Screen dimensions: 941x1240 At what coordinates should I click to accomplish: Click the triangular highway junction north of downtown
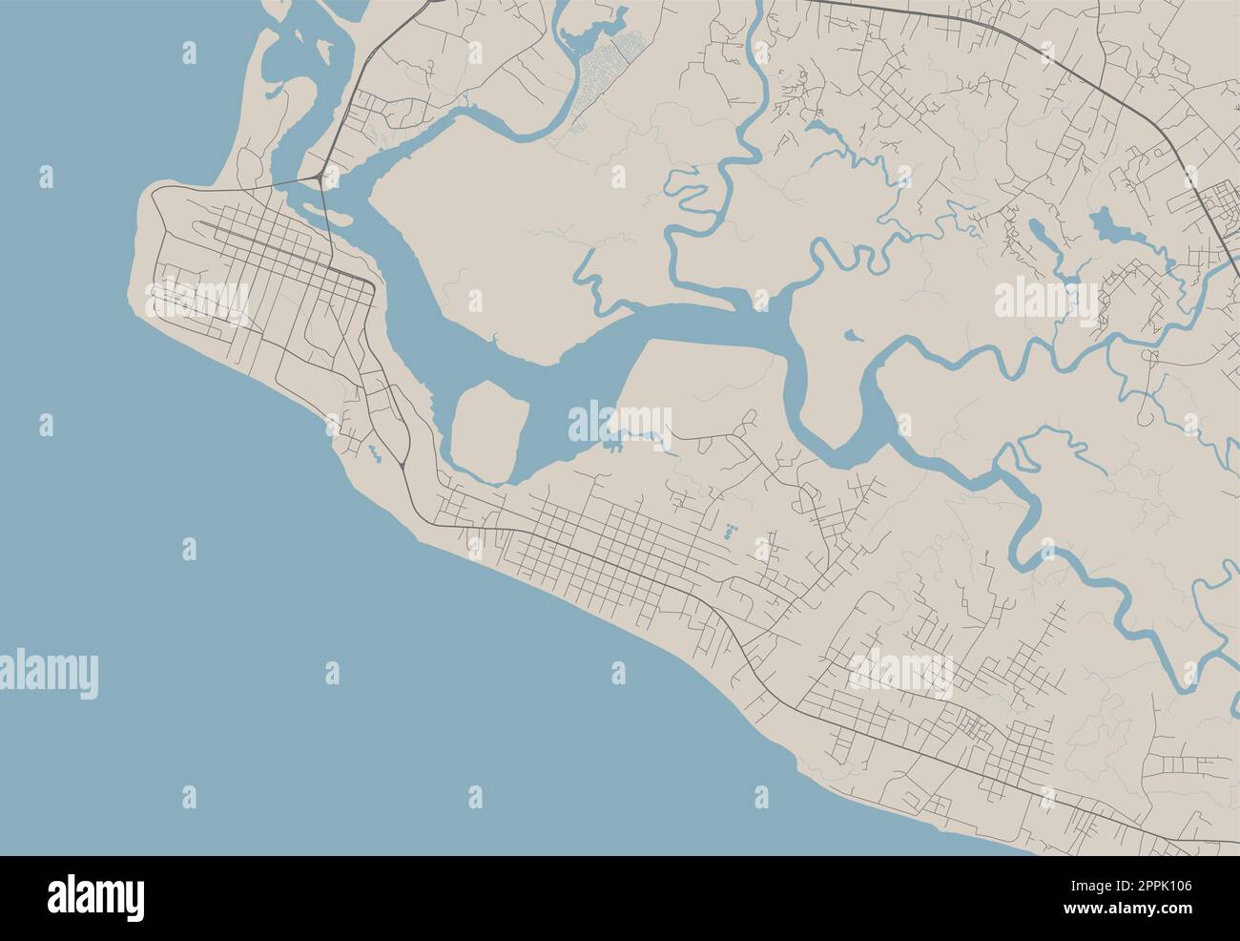click(x=317, y=179)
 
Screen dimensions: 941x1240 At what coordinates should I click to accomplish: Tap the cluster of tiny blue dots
click(x=732, y=531)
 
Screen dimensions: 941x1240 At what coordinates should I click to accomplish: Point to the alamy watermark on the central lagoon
click(x=620, y=421)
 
